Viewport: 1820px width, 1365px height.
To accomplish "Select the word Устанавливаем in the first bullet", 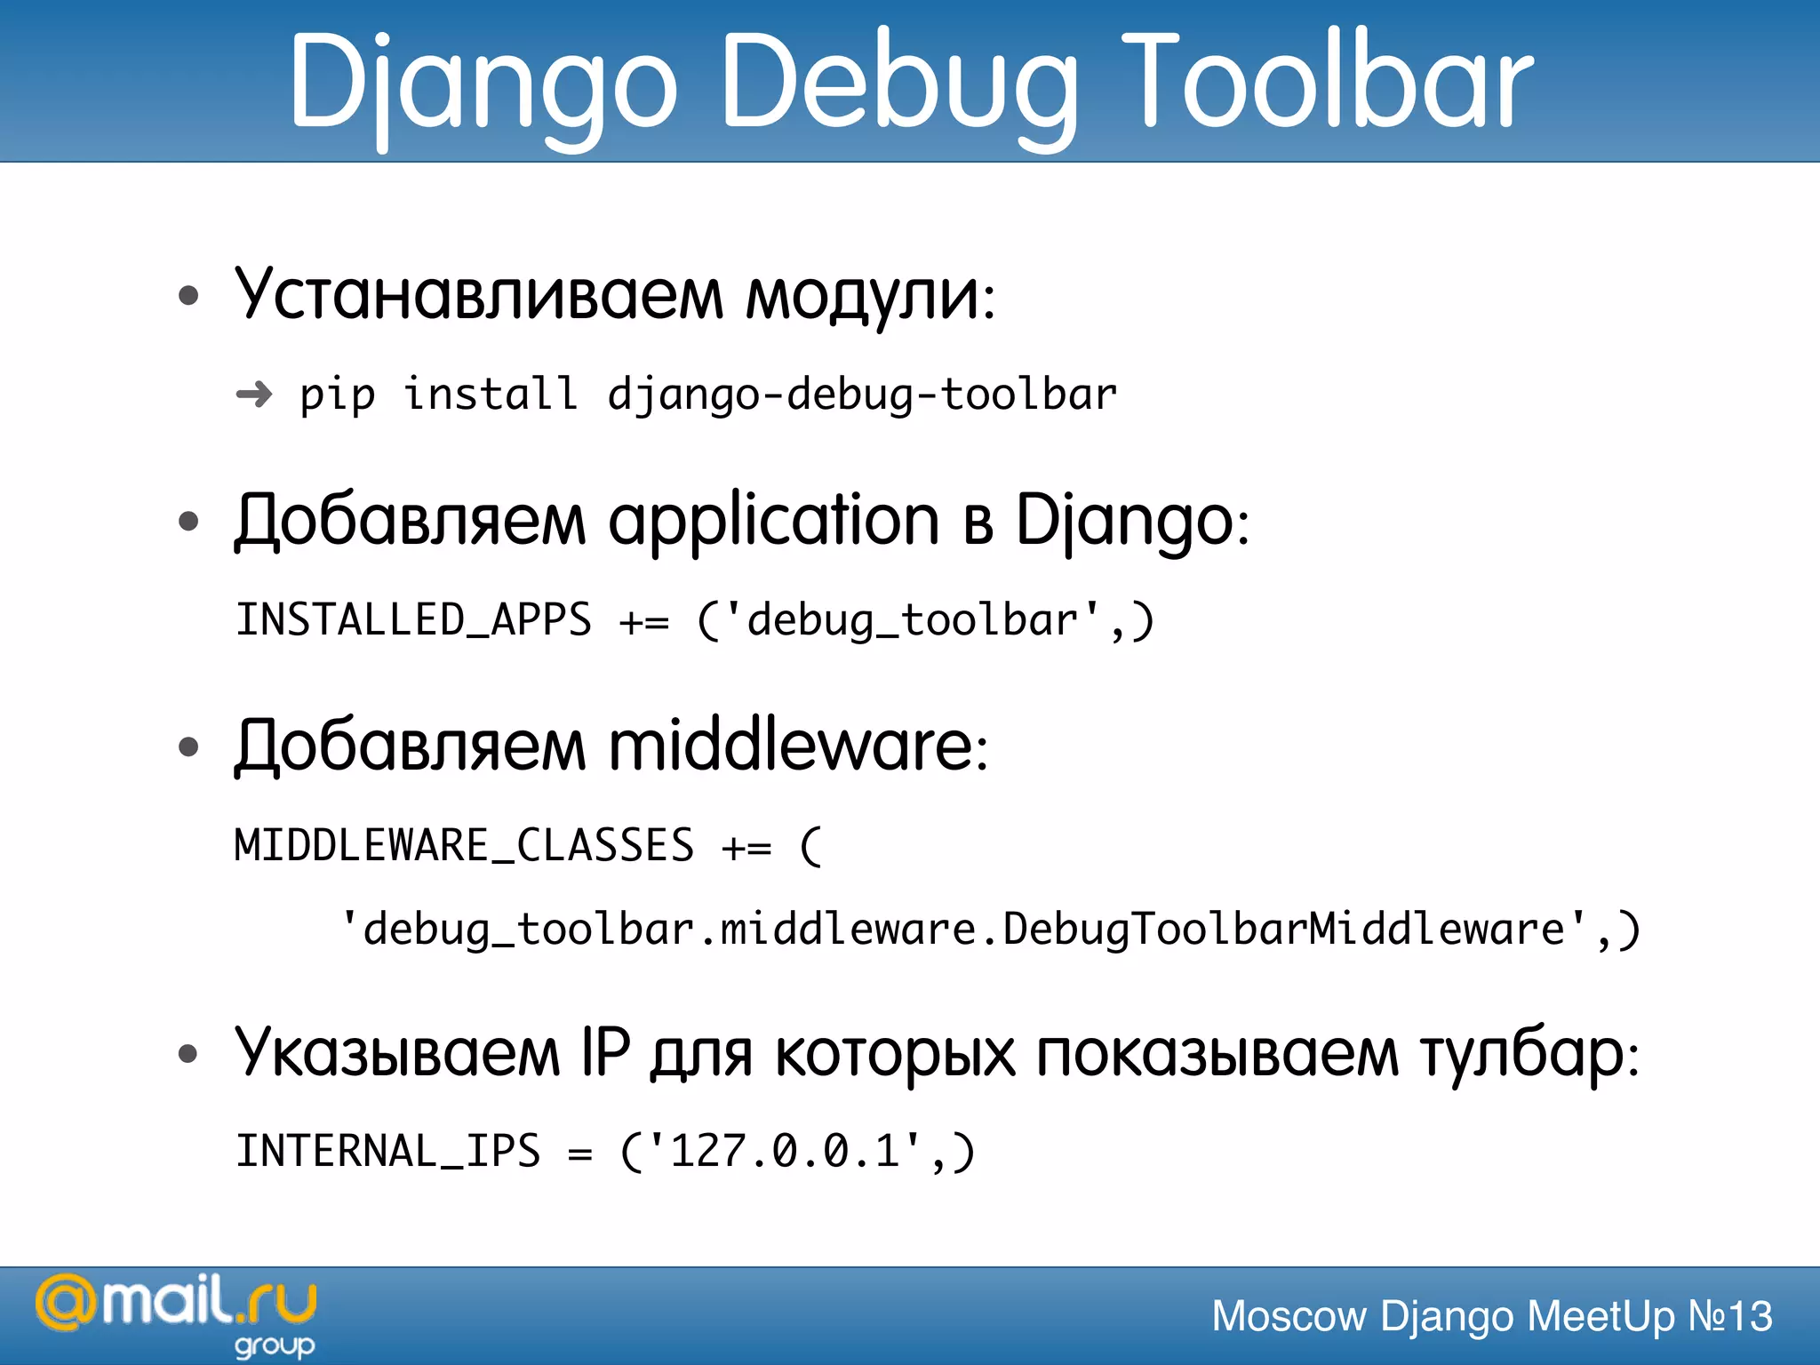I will [479, 295].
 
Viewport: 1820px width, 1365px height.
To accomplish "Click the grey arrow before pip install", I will [254, 394].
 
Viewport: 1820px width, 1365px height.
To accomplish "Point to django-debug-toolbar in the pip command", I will [861, 395].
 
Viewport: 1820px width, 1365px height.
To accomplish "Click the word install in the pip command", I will [490, 394].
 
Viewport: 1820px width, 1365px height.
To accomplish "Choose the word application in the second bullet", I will [773, 521].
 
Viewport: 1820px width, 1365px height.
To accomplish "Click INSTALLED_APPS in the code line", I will [413, 619].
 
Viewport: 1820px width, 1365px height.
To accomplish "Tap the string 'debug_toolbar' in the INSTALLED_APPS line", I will [913, 619].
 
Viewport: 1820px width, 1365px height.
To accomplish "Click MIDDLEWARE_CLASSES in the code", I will [464, 845].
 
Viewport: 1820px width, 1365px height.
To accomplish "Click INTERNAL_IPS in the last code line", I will [387, 1152].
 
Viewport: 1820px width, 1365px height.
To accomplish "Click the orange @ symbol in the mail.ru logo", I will [65, 1304].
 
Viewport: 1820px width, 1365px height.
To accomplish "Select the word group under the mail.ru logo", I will [275, 1345].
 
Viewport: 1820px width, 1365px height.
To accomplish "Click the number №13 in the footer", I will [1729, 1316].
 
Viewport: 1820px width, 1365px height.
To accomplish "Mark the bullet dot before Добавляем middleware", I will [188, 746].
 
